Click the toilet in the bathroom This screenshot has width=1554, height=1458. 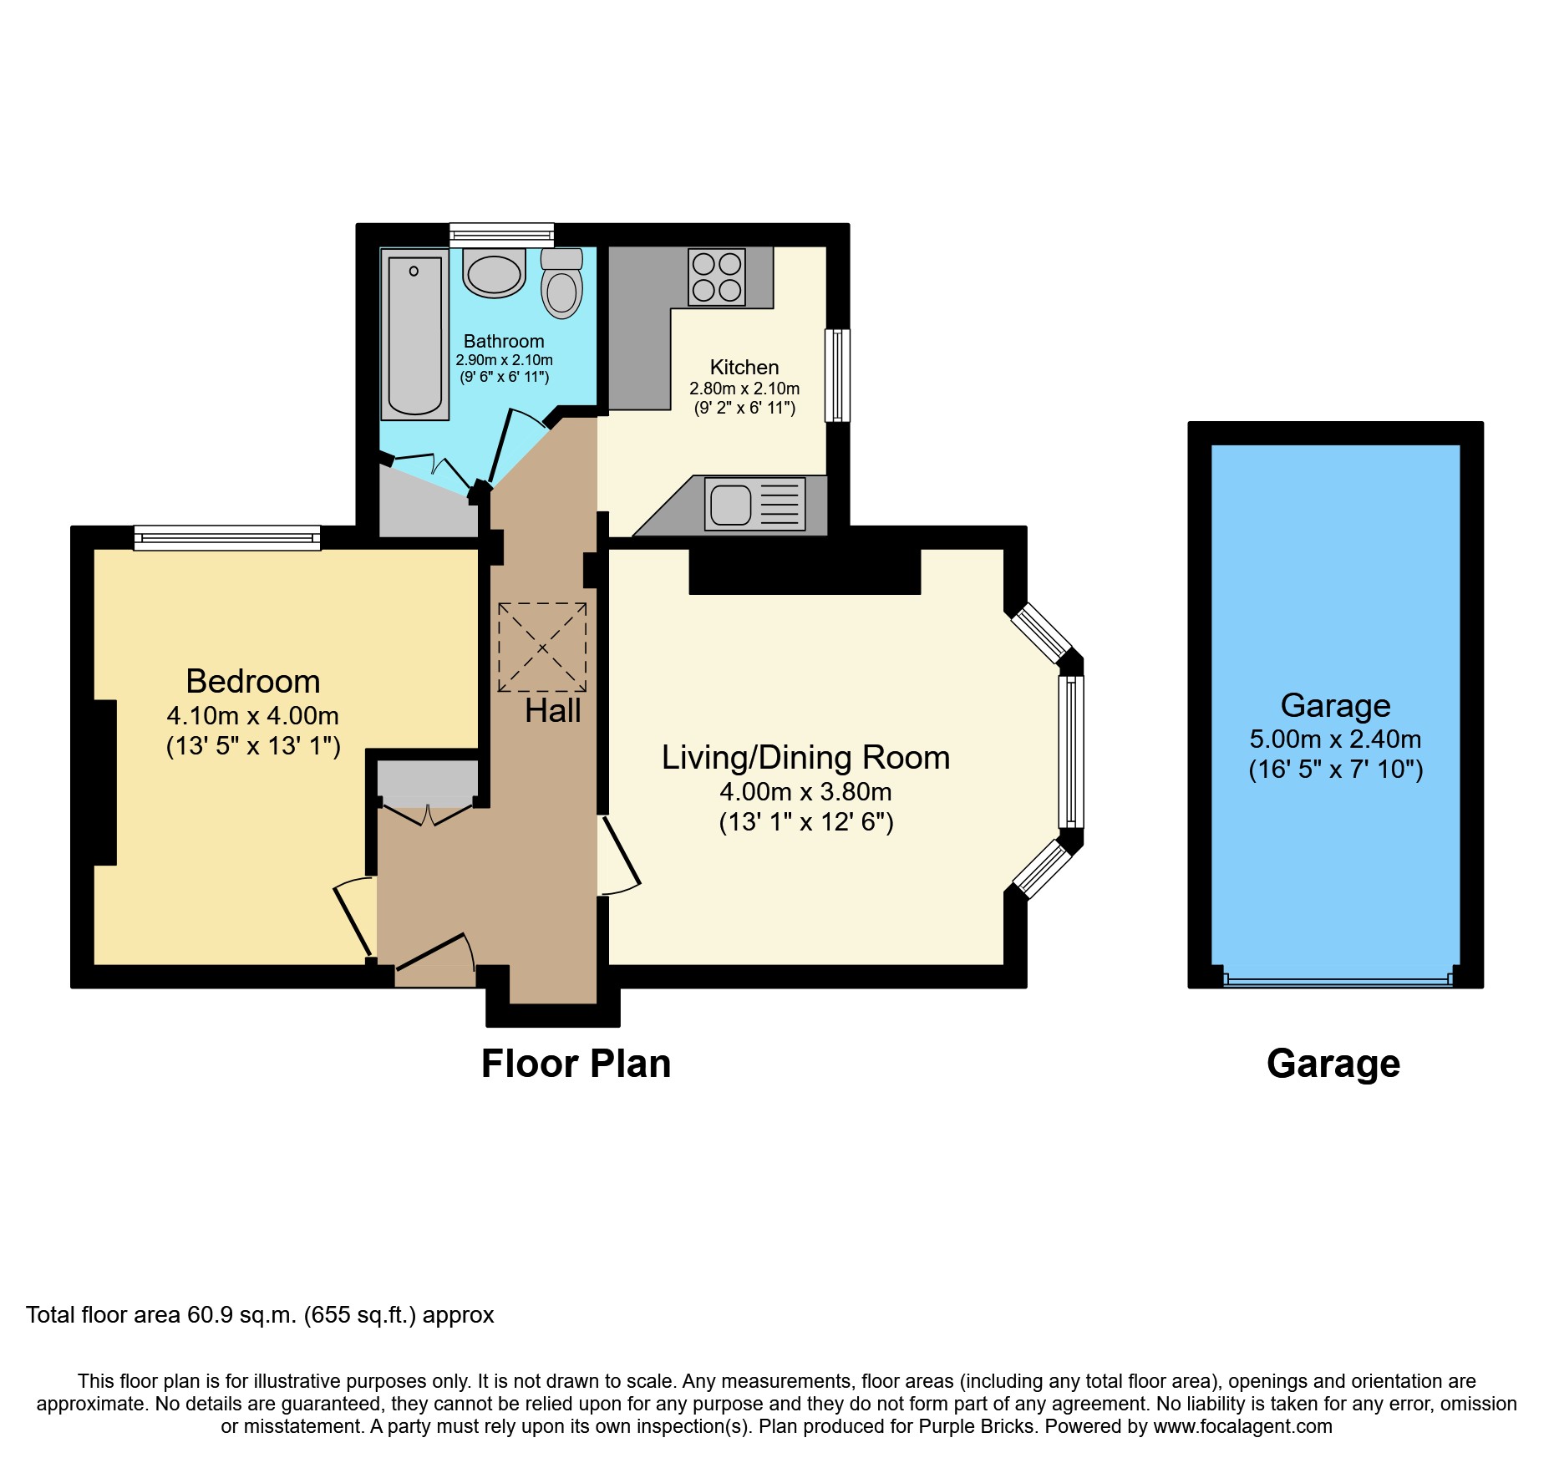click(x=561, y=284)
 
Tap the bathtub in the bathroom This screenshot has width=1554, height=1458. click(x=414, y=336)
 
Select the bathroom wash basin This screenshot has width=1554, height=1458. click(x=494, y=273)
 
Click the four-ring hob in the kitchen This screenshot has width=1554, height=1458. click(x=717, y=277)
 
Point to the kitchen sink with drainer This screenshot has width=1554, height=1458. click(x=754, y=504)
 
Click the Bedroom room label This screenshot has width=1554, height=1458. click(x=253, y=682)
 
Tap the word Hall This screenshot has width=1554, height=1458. click(x=552, y=711)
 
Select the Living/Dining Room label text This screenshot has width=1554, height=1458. click(x=805, y=758)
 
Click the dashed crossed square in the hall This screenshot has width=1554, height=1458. click(x=542, y=648)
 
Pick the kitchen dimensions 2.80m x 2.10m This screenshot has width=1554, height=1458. click(x=744, y=389)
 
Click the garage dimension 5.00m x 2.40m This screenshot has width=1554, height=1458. click(x=1334, y=739)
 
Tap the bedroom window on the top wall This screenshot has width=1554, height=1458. click(x=227, y=537)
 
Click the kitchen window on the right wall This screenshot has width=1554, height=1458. click(x=837, y=375)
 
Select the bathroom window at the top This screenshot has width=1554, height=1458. click(x=501, y=235)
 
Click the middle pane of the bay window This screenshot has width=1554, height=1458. click(x=1071, y=751)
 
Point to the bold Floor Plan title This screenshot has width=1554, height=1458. click(x=576, y=1064)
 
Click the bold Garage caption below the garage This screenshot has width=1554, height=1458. click(x=1333, y=1064)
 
